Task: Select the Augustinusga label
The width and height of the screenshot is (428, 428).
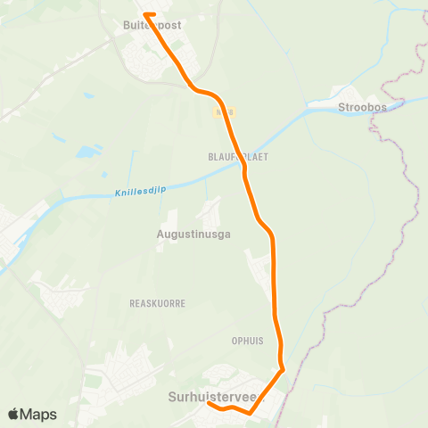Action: tap(193, 234)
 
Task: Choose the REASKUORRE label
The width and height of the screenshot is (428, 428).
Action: tap(157, 303)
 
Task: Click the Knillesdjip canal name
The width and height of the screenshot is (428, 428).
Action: tap(141, 191)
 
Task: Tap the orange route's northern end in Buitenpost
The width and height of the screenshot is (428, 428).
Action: tap(145, 13)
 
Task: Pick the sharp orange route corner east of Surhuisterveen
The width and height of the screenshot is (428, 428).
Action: tap(283, 369)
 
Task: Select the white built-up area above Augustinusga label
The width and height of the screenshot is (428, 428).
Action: tap(210, 211)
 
